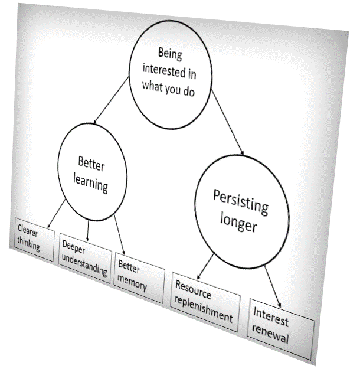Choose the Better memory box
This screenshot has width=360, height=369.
coord(139,276)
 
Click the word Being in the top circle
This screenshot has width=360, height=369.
coord(170,55)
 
